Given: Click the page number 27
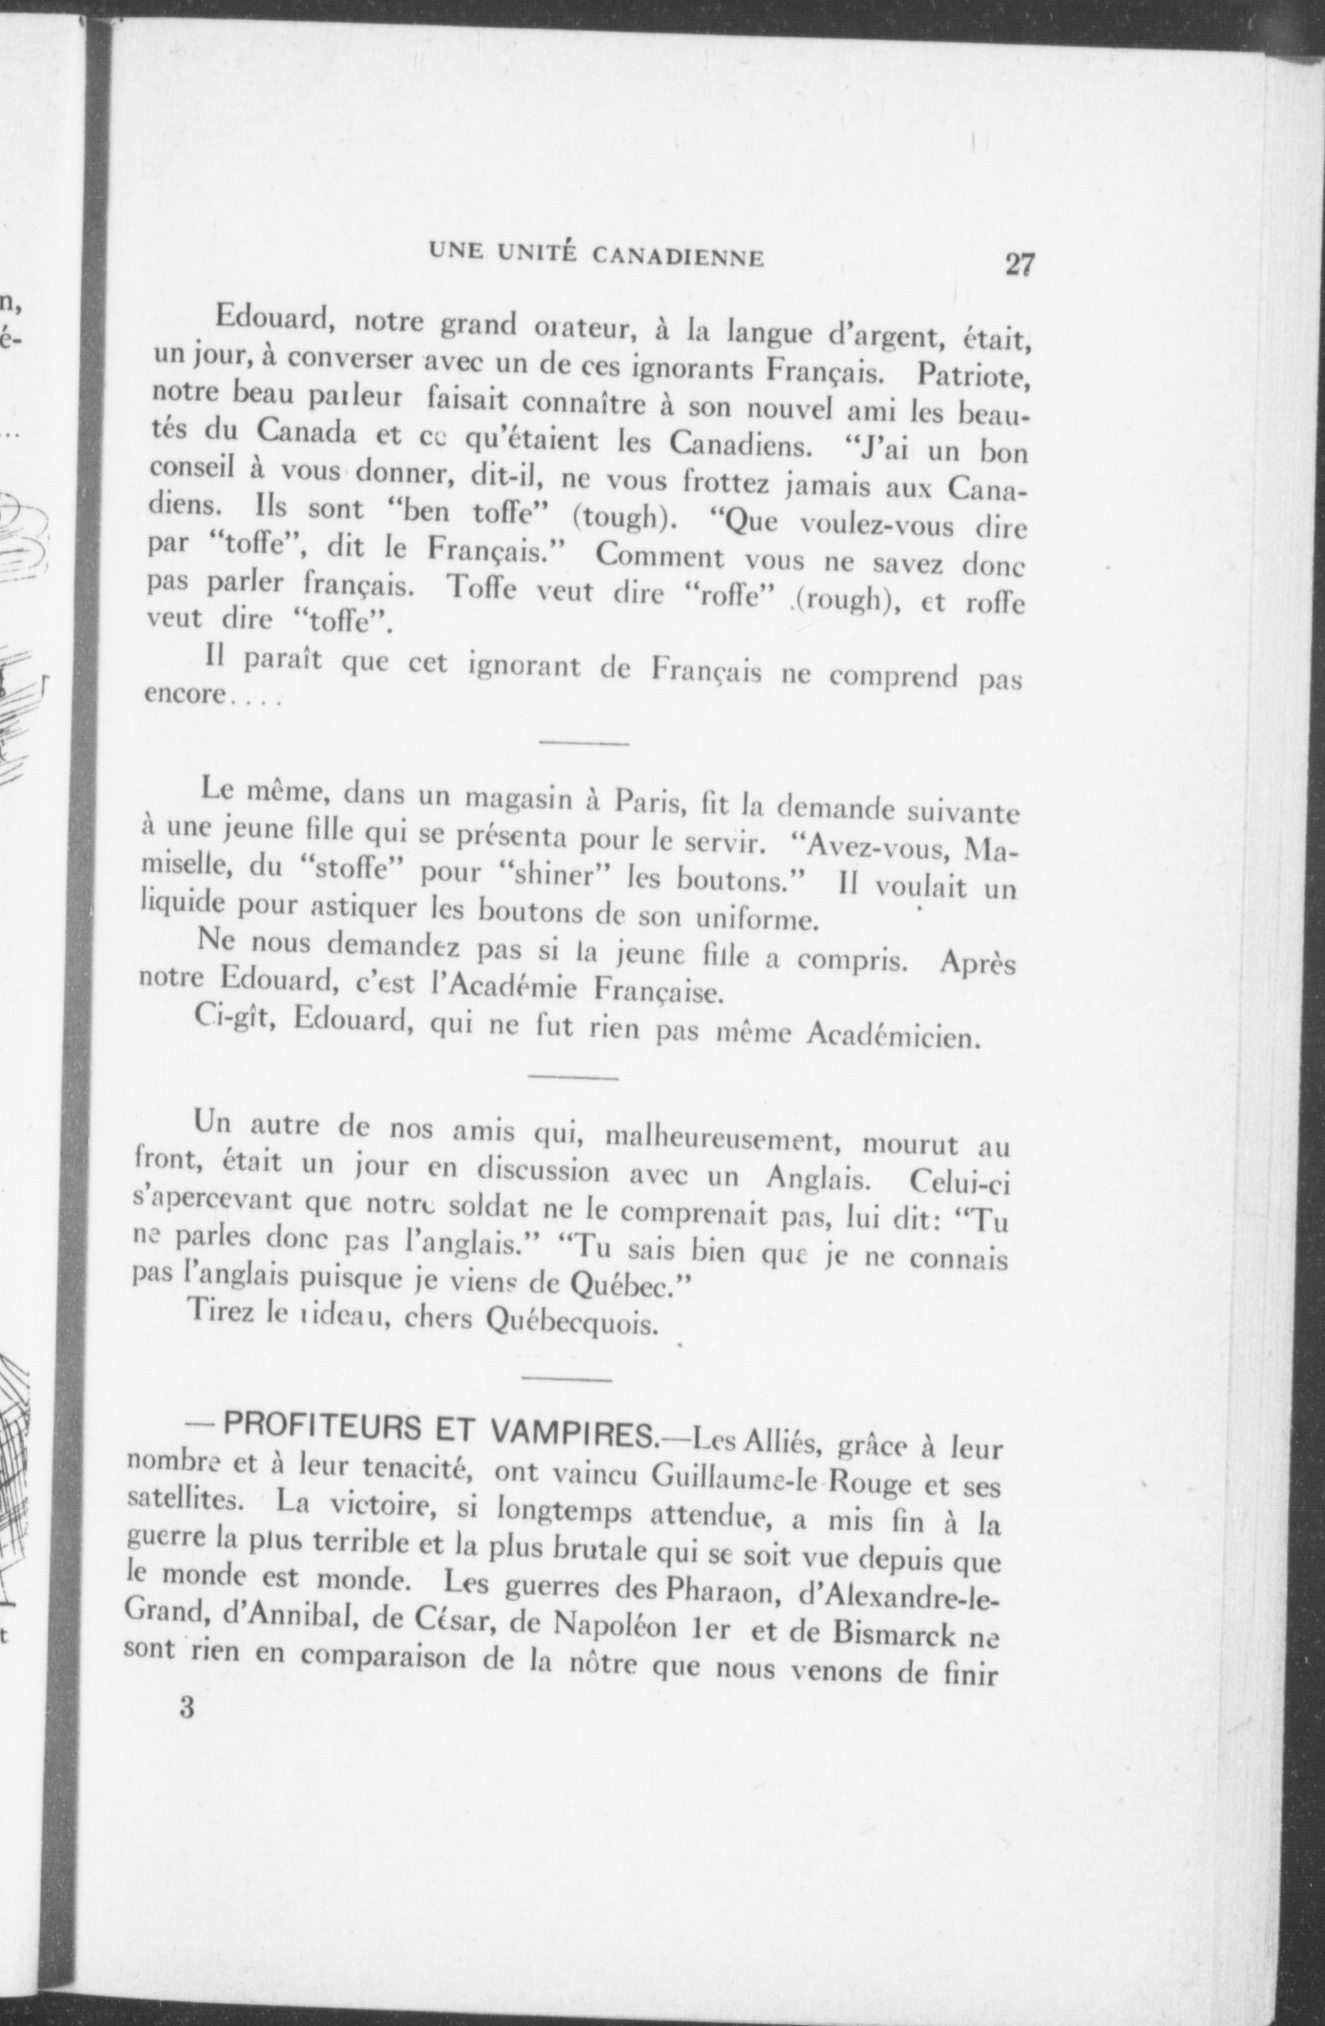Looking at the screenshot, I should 1019,264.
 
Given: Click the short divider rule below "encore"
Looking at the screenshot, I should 583,742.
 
